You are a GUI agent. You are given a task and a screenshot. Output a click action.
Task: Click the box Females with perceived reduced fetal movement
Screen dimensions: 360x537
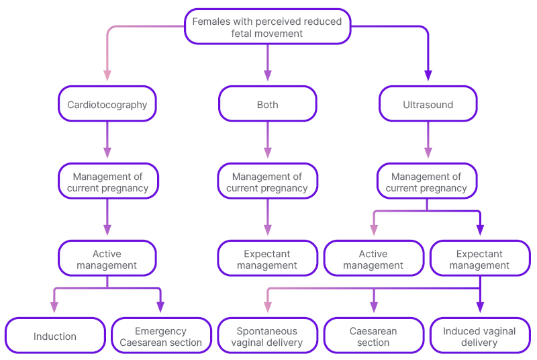tap(267, 27)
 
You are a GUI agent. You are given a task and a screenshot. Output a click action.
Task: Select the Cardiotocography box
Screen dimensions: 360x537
tap(107, 104)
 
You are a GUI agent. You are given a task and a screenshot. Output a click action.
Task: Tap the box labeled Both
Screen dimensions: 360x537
tap(267, 104)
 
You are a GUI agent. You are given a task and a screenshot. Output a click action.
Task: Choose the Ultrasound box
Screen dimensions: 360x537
tap(428, 104)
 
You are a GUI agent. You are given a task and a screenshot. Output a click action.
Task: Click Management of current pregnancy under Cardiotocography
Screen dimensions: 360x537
tap(107, 181)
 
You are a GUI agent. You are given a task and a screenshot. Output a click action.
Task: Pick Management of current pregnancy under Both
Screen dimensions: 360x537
tap(267, 181)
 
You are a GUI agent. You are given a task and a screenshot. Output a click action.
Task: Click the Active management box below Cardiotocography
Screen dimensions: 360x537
tap(107, 259)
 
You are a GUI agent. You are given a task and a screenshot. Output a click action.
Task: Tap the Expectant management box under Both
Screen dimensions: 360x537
tap(267, 259)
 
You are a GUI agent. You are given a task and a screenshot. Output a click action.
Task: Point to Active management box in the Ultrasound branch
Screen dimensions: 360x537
tap(373, 259)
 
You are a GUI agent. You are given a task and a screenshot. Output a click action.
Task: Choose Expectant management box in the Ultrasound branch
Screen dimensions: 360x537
tap(479, 259)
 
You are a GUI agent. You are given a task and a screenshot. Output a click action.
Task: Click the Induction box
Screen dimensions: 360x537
tap(55, 336)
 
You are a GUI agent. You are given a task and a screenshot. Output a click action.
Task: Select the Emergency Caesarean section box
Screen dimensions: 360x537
tap(161, 336)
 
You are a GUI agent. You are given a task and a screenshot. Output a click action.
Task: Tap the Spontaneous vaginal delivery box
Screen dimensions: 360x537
tap(267, 336)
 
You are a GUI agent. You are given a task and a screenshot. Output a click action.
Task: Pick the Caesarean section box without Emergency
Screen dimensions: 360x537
tap(373, 336)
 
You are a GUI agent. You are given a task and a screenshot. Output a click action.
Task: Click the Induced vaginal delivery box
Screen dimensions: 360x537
tap(479, 336)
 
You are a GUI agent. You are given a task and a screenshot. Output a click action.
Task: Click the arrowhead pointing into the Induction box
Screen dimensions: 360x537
tap(54, 308)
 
